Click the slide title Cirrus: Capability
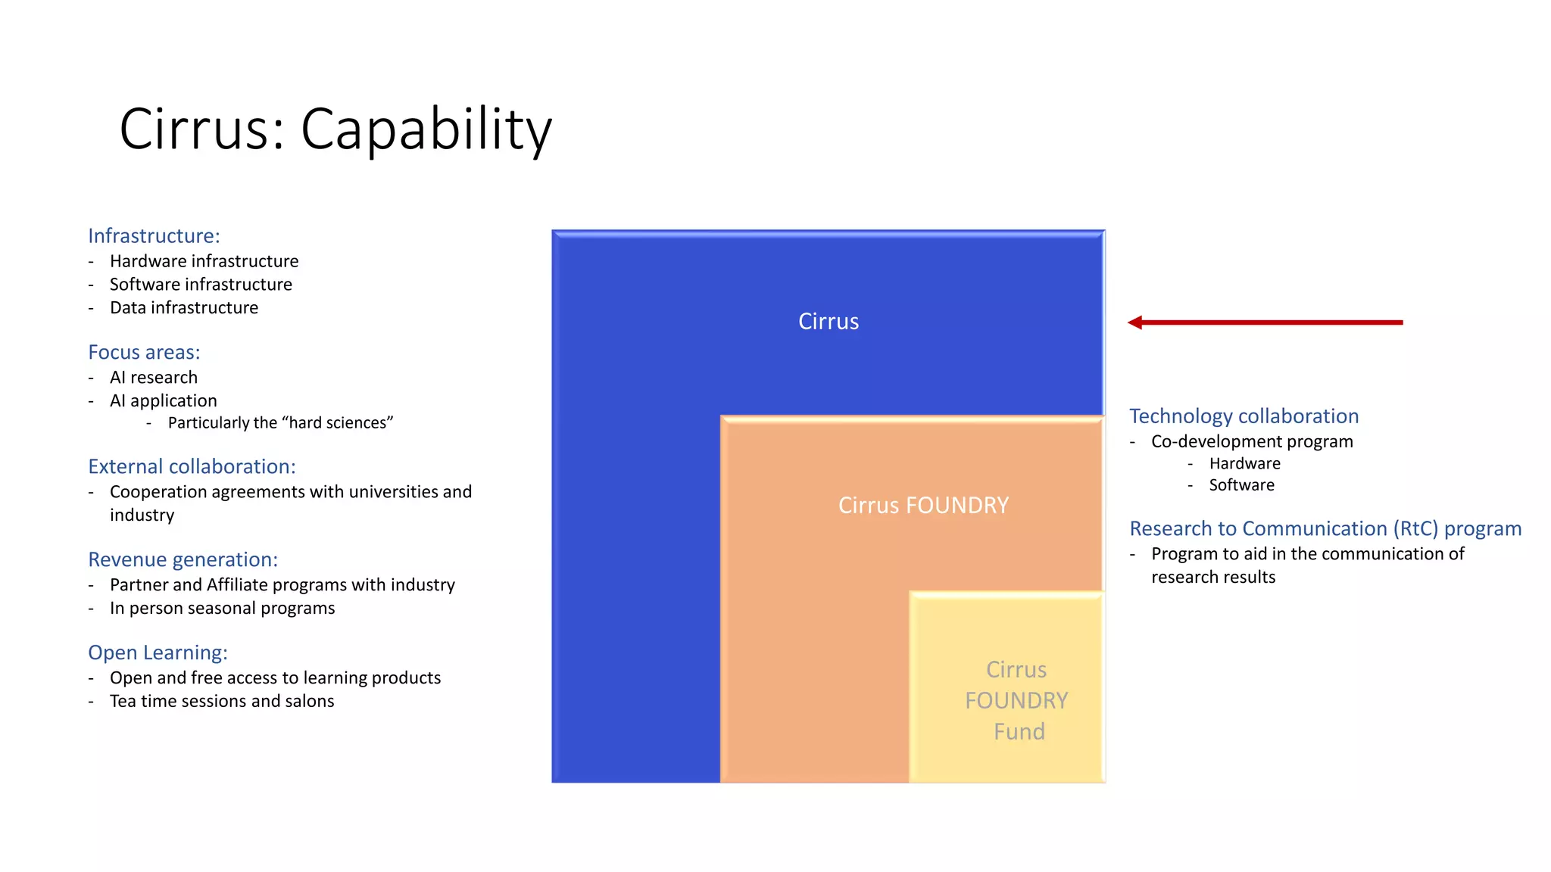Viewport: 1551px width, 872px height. pyautogui.click(x=335, y=129)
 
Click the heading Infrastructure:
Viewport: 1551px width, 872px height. pyautogui.click(x=154, y=236)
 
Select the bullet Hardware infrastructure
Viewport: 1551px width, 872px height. pyautogui.click(x=204, y=261)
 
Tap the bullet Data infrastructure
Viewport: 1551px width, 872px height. pyautogui.click(x=184, y=308)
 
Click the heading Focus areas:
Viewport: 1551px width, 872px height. pyautogui.click(x=144, y=353)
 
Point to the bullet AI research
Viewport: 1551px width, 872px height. pyautogui.click(x=154, y=378)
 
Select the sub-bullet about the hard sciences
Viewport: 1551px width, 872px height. pyautogui.click(x=280, y=423)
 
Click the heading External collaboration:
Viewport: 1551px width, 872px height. pyautogui.click(x=192, y=467)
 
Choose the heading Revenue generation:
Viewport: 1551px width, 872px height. pyautogui.click(x=183, y=560)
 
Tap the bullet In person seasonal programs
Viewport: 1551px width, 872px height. pyautogui.click(x=222, y=609)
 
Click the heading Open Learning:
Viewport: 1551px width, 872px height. pyautogui.click(x=158, y=653)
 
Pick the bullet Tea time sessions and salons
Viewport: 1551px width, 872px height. pyautogui.click(x=222, y=702)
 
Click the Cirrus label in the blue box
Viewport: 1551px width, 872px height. pyautogui.click(x=829, y=322)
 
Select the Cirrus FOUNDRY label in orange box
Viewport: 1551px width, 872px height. pyautogui.click(x=923, y=506)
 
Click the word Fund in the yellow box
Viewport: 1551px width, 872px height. pyautogui.click(x=1019, y=732)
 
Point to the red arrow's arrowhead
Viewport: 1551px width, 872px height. pyautogui.click(x=1134, y=323)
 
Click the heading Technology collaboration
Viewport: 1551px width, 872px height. pyautogui.click(x=1244, y=416)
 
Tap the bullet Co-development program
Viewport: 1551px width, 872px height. pyautogui.click(x=1252, y=442)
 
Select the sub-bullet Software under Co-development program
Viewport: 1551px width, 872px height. pyautogui.click(x=1241, y=485)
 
